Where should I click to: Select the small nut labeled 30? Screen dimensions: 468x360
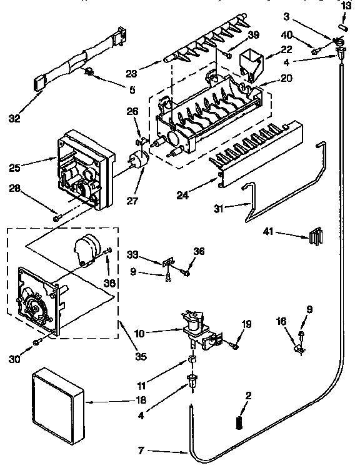(x=37, y=341)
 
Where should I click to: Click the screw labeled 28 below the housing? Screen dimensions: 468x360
(x=56, y=217)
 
